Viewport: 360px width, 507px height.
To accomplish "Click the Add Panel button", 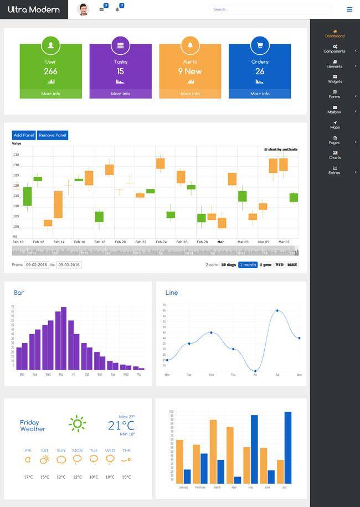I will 24,135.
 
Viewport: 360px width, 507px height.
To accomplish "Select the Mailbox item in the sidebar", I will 335,110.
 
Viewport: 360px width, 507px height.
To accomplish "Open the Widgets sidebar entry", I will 335,79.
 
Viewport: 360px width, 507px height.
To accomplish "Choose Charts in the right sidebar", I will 335,155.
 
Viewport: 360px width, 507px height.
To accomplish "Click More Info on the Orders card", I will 260,94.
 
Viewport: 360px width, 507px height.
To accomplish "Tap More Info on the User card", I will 50,94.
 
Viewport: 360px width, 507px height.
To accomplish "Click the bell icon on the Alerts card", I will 190,45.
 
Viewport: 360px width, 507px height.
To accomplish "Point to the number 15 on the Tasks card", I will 120,71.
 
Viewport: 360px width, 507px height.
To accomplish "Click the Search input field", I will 270,9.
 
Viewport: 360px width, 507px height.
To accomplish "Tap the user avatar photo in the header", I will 83,9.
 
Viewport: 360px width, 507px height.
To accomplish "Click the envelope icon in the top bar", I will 101,9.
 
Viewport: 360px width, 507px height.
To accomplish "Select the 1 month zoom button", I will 248,265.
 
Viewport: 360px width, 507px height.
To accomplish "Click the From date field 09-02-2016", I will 36,265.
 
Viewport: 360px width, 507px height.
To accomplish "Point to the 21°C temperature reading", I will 121,425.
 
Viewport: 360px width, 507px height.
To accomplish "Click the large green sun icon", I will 77,424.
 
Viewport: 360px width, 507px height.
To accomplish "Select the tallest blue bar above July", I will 288,447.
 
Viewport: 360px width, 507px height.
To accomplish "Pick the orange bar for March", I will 213,451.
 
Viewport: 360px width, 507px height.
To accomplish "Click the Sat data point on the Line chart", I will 277,311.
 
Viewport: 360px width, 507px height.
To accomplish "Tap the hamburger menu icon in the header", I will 349,9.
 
